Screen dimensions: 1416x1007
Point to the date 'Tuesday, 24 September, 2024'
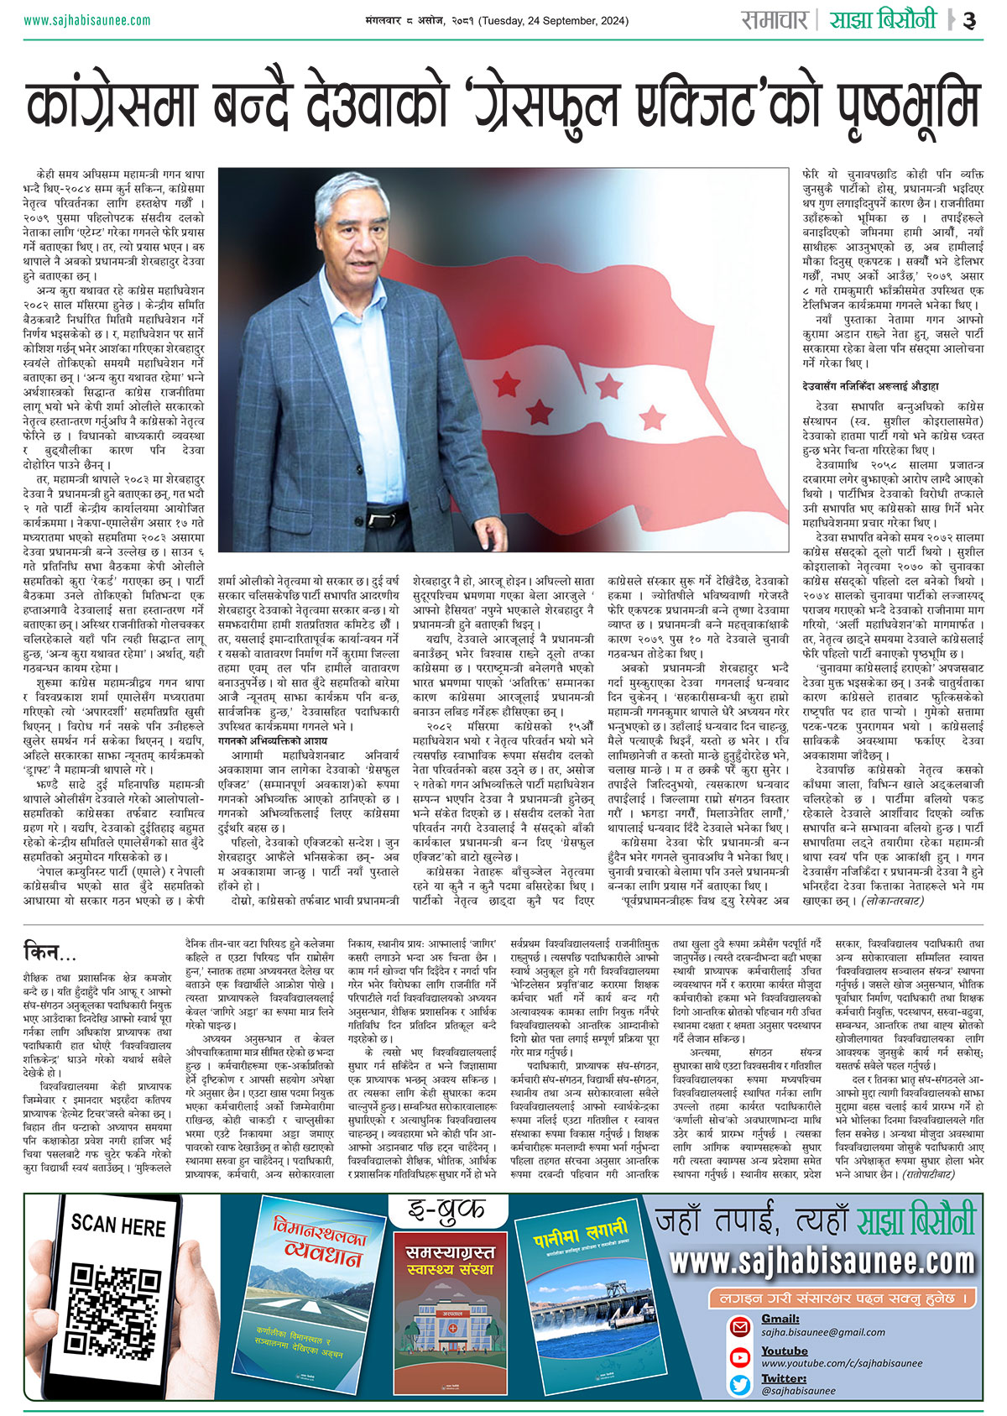(553, 21)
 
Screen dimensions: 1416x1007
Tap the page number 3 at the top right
(969, 21)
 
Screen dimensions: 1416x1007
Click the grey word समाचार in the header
(774, 20)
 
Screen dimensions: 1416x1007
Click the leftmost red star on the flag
(506, 384)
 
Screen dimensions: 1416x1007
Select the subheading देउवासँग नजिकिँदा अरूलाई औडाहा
(869, 386)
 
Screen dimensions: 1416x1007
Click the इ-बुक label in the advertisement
(446, 1211)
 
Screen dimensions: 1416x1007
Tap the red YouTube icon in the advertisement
(739, 1357)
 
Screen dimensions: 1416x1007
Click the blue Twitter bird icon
(739, 1384)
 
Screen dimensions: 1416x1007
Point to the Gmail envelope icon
(739, 1327)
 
